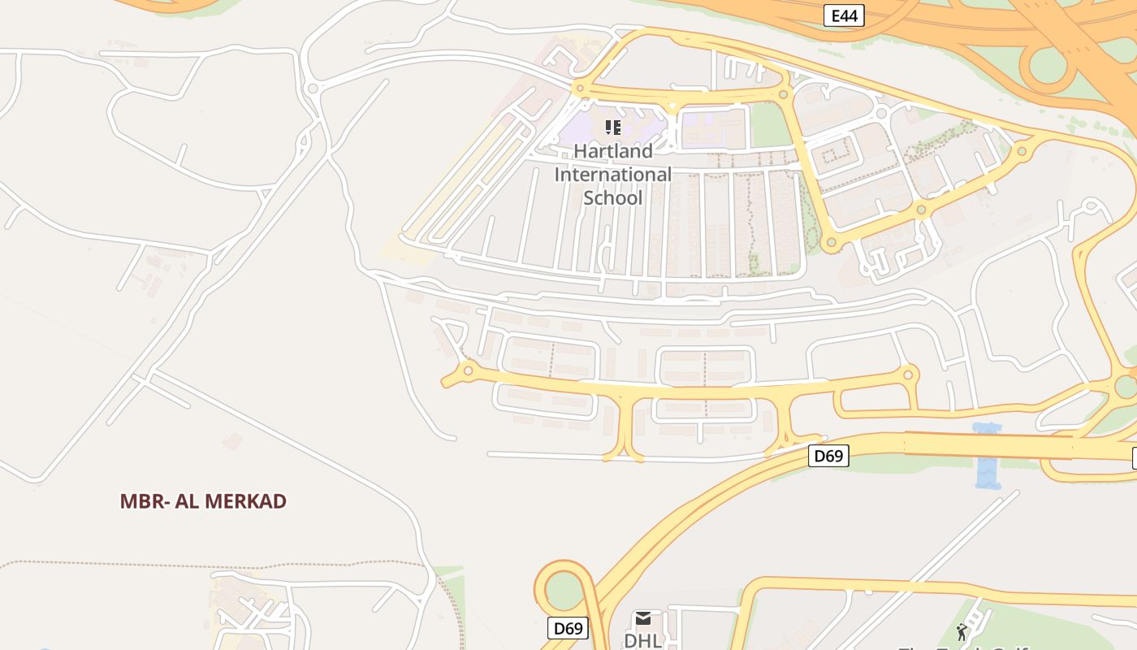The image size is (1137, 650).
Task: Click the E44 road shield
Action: [844, 15]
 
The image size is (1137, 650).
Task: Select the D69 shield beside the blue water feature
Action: [828, 456]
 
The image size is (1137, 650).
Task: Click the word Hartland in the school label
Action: [613, 151]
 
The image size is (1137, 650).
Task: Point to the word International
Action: [613, 174]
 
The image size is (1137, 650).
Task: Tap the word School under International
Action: [613, 197]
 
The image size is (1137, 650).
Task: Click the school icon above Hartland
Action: [613, 127]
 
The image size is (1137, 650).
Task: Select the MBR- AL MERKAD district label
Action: [203, 501]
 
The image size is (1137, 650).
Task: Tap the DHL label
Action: [642, 640]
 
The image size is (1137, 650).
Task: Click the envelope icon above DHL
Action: [643, 619]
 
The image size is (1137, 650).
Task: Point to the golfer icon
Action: [962, 632]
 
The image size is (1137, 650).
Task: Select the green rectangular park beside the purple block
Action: [768, 125]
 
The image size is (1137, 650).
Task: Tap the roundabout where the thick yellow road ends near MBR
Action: [468, 371]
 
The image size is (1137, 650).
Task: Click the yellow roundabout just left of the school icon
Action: [579, 87]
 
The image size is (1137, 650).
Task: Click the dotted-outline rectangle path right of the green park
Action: [835, 152]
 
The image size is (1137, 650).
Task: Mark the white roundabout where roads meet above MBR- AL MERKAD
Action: [313, 88]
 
